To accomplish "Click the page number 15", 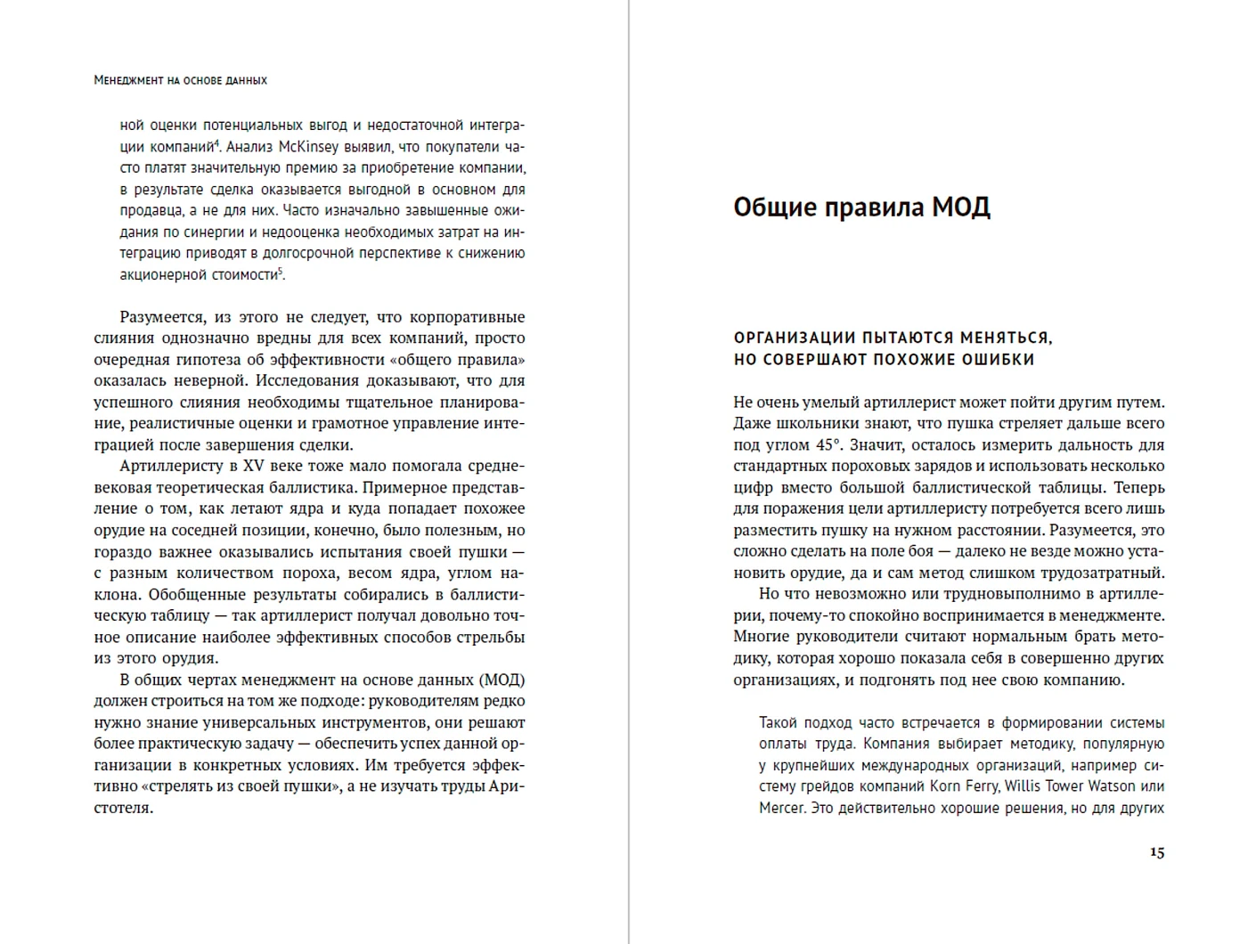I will (1156, 852).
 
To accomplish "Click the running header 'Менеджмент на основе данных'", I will (181, 80).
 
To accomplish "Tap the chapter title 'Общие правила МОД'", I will (861, 207).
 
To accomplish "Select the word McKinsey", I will (309, 147).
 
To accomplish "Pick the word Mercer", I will (781, 808).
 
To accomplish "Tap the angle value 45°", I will (823, 444).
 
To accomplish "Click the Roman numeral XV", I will (254, 466).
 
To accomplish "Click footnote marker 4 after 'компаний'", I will (216, 142).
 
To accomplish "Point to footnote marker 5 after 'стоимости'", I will (281, 271).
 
